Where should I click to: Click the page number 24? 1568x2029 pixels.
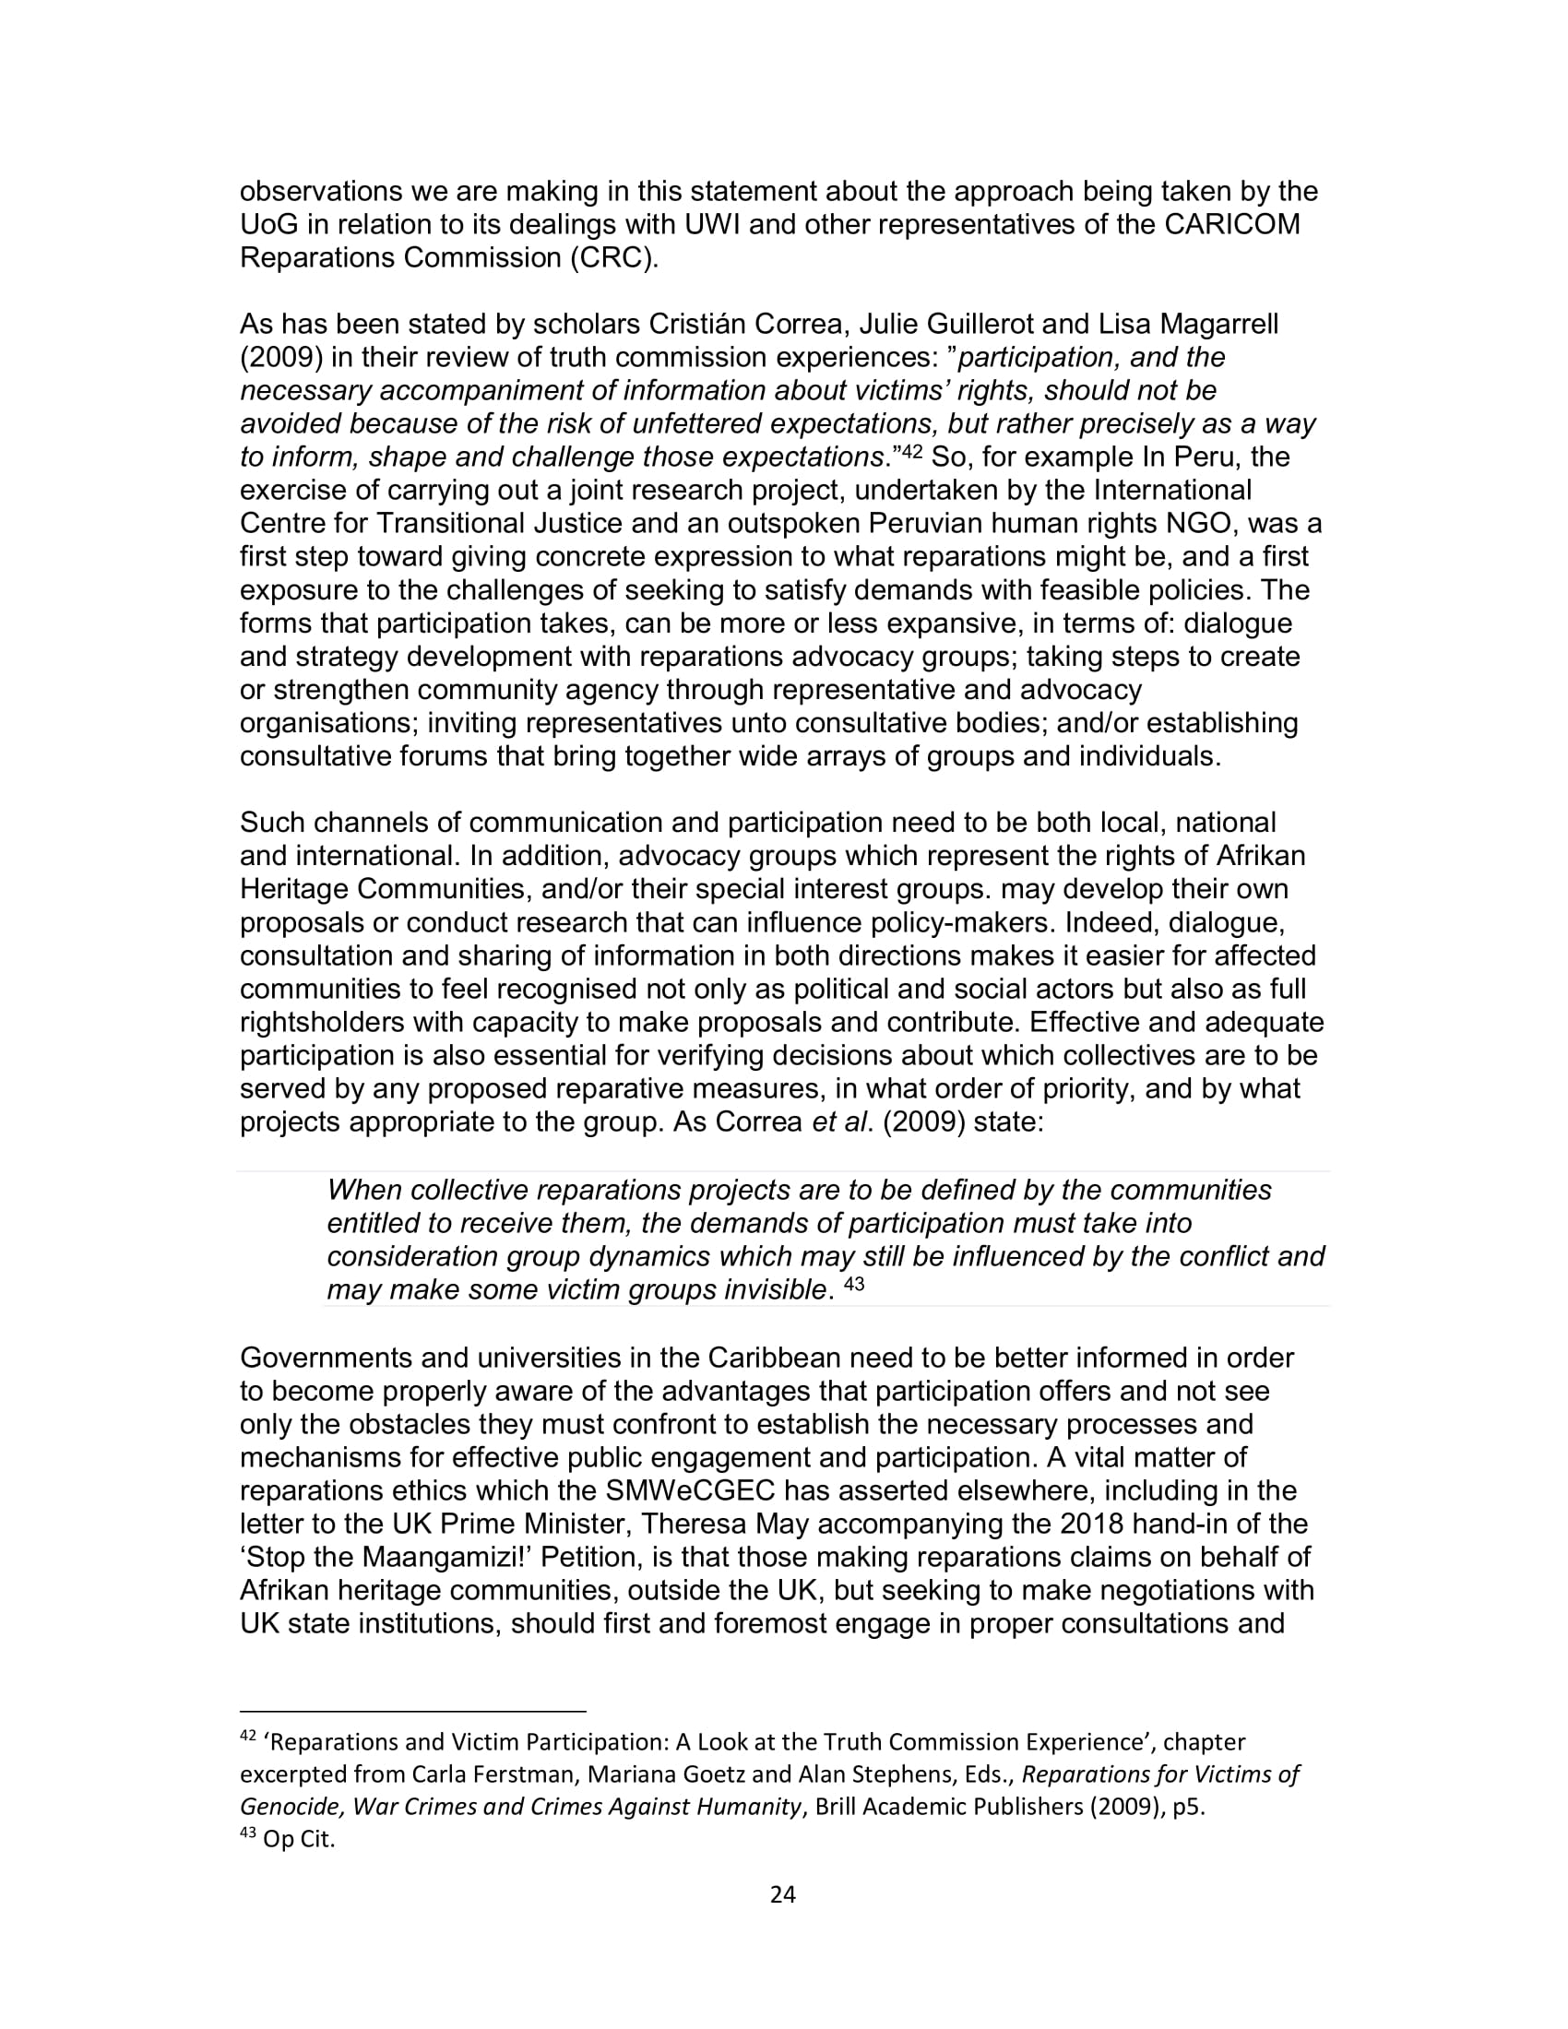tap(783, 1894)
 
